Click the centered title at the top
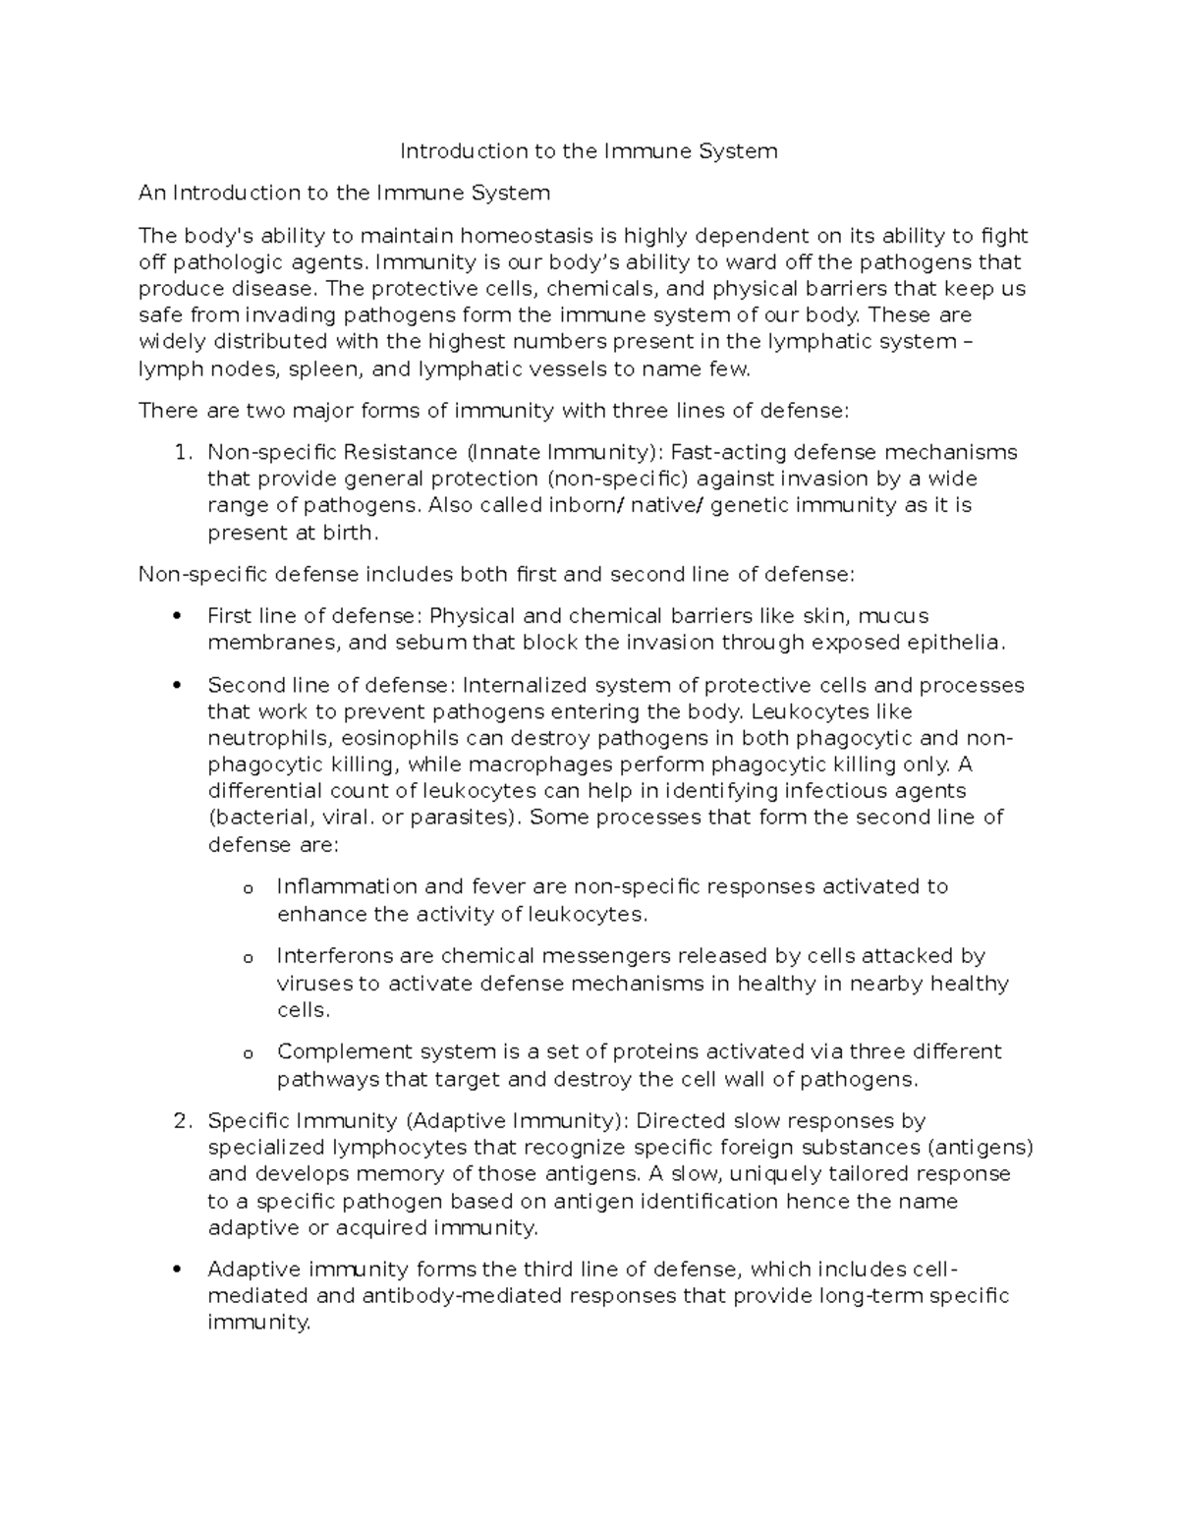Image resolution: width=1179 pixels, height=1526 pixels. (588, 151)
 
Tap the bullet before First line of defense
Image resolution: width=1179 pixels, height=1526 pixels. (177, 617)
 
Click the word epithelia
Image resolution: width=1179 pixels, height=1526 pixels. (953, 644)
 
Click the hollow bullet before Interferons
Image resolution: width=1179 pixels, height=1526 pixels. (248, 958)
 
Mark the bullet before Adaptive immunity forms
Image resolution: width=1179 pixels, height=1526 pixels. (177, 1270)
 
